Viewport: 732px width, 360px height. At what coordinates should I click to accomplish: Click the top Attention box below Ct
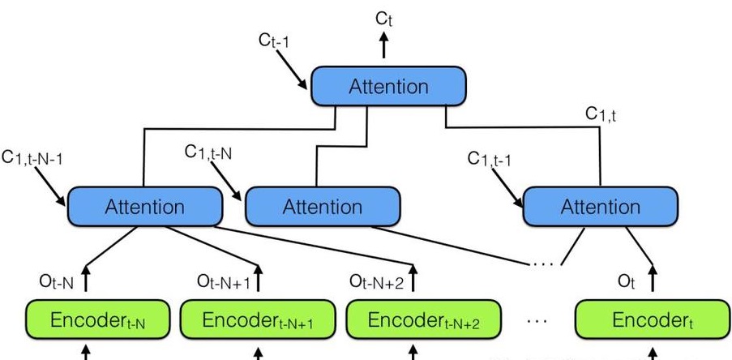pyautogui.click(x=387, y=86)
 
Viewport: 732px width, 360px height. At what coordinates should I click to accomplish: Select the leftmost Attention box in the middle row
pyautogui.click(x=144, y=207)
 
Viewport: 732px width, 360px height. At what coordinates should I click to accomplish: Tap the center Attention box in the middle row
pyautogui.click(x=322, y=207)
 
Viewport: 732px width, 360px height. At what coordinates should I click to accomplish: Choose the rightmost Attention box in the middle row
pyautogui.click(x=600, y=207)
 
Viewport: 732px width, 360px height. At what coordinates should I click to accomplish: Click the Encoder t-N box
pyautogui.click(x=98, y=320)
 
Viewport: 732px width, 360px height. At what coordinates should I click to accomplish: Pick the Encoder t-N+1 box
pyautogui.click(x=258, y=320)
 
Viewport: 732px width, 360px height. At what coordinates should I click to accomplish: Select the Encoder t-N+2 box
pyautogui.click(x=424, y=320)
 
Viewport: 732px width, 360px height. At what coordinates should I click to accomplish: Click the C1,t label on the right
pyautogui.click(x=601, y=115)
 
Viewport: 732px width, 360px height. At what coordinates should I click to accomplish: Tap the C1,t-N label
pyautogui.click(x=208, y=152)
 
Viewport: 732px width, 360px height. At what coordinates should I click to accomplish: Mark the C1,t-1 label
pyautogui.click(x=490, y=159)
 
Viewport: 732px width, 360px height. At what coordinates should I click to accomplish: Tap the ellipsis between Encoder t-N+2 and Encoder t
pyautogui.click(x=537, y=321)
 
